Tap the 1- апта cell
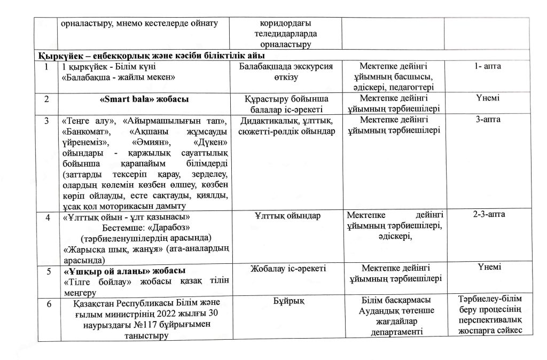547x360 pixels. [487, 66]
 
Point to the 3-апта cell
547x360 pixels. [487, 120]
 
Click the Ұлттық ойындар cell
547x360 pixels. [288, 216]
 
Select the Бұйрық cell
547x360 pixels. [288, 302]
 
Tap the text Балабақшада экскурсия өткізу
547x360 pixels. [288, 72]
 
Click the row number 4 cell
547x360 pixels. [48, 217]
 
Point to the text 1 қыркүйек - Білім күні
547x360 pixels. [105, 67]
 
